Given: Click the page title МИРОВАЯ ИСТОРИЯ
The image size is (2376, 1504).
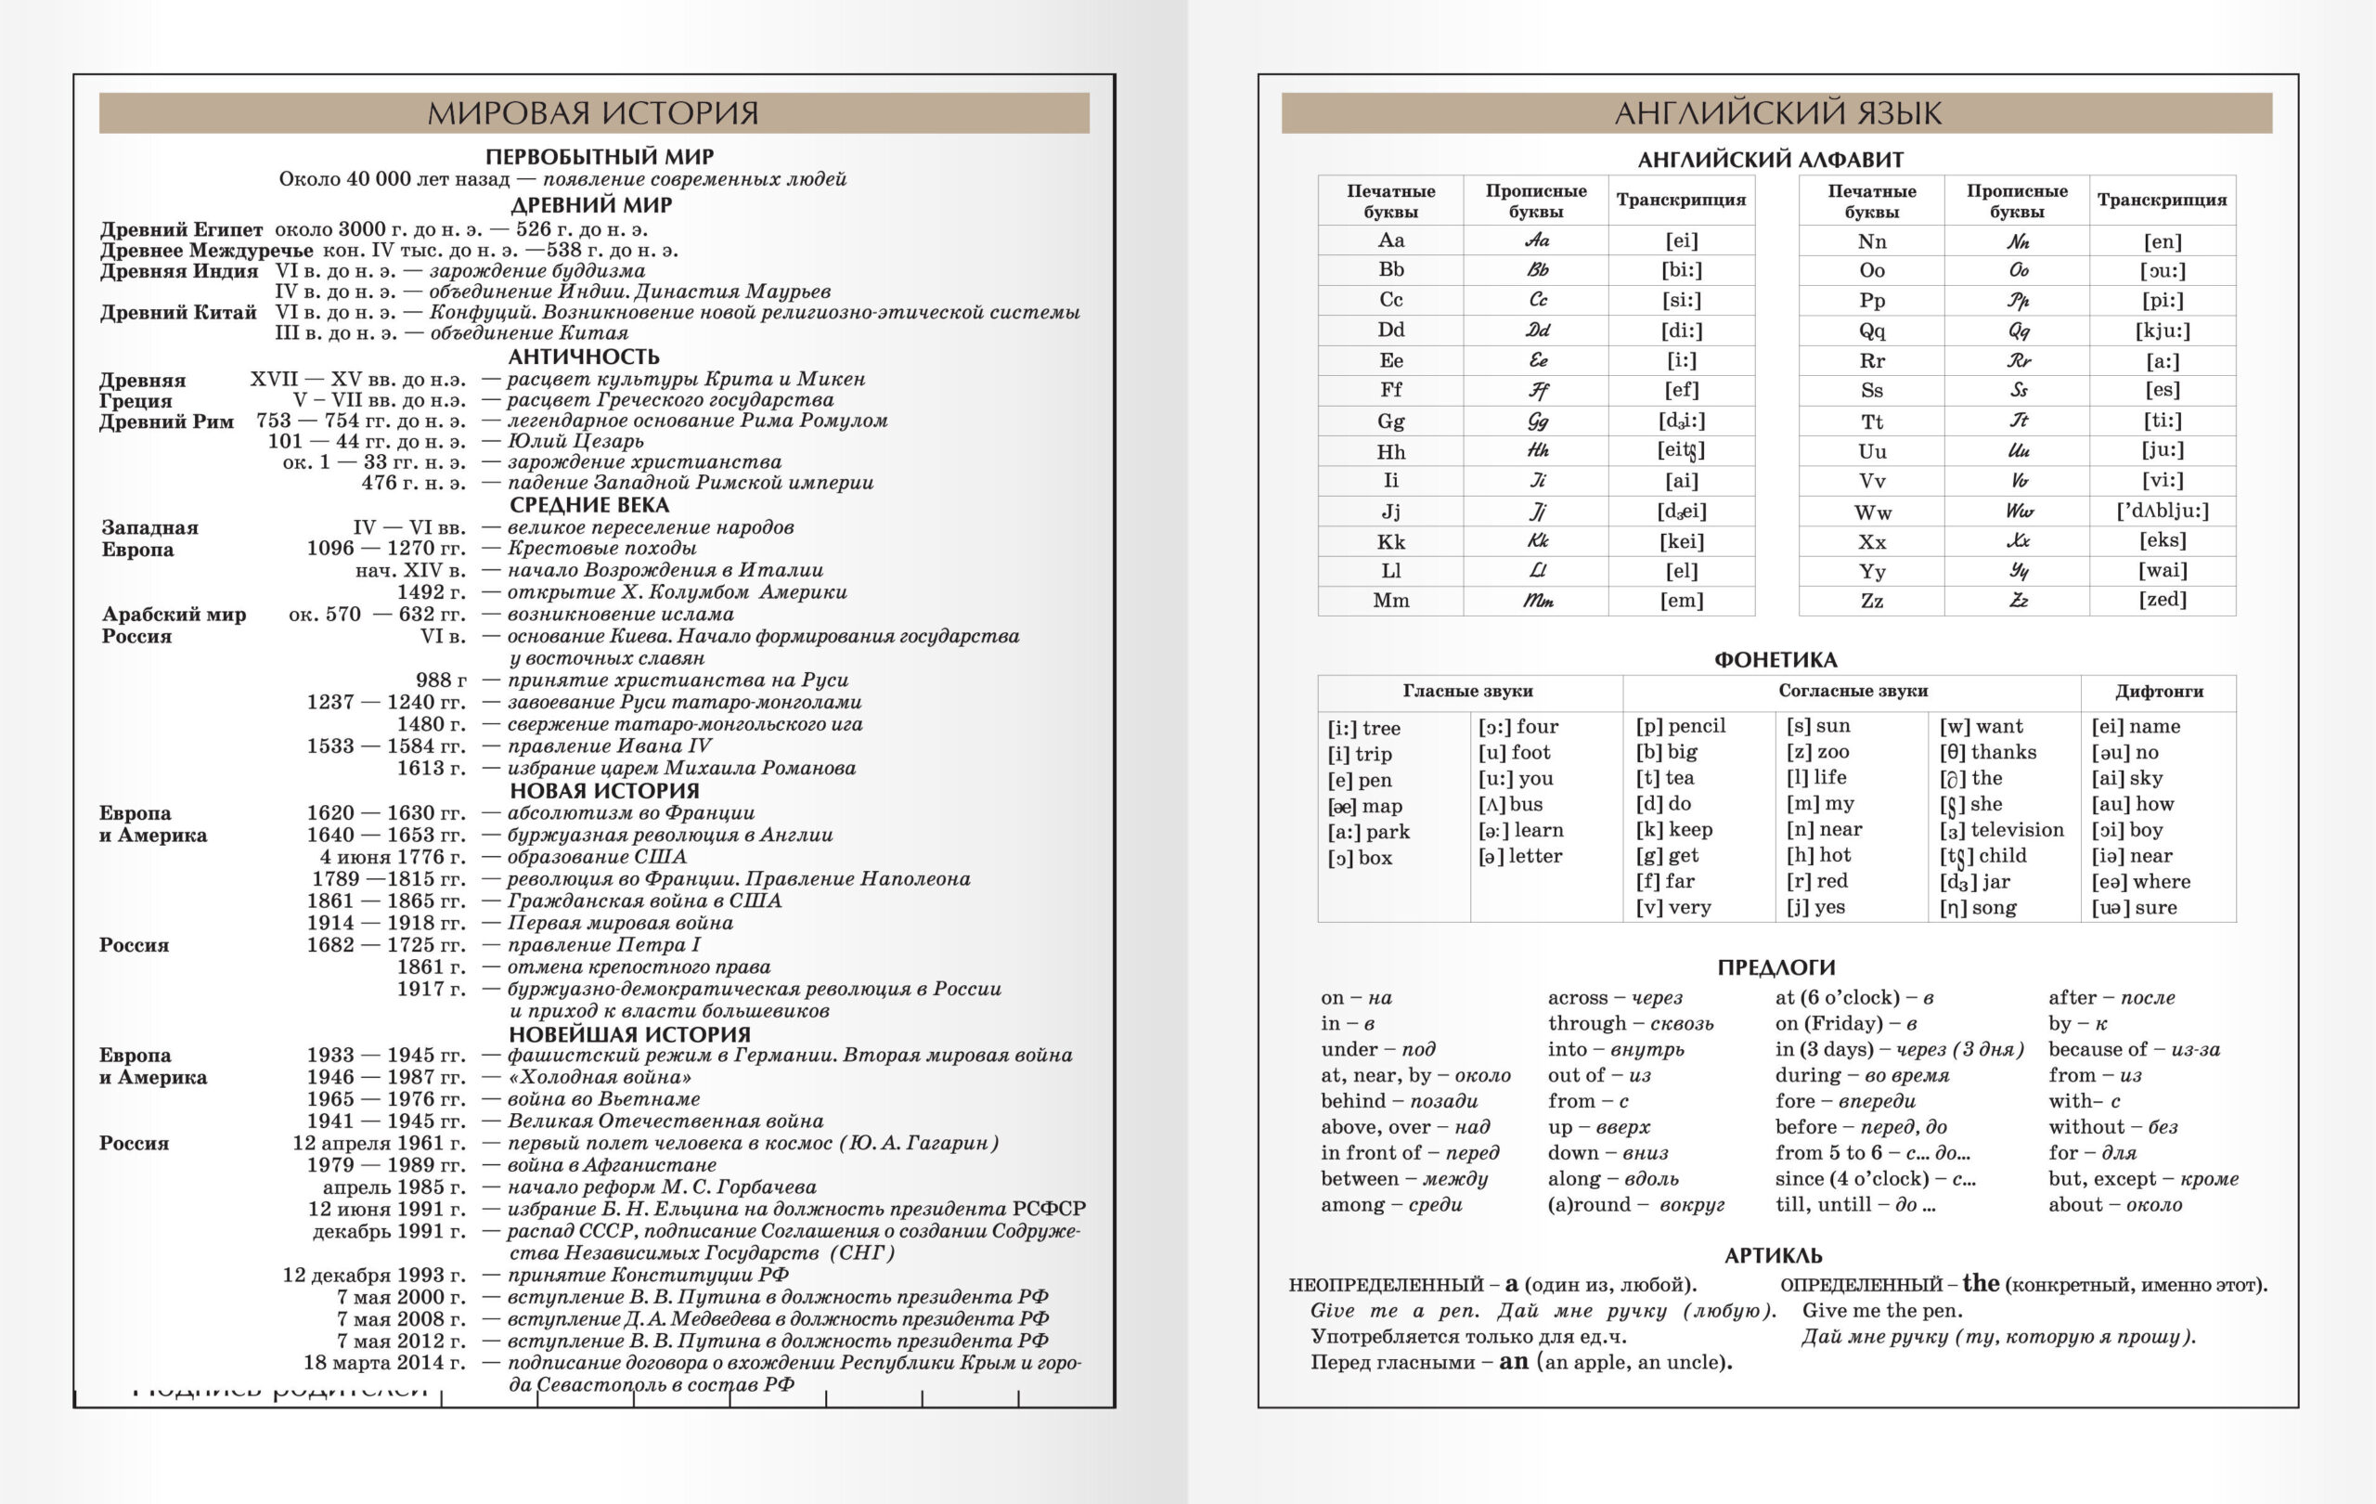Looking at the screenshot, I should (x=593, y=113).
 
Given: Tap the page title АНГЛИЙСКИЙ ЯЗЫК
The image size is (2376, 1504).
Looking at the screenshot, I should (x=1777, y=113).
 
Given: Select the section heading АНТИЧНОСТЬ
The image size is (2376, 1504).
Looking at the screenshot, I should (x=584, y=357).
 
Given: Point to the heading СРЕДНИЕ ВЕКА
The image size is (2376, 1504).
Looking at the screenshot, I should (x=589, y=504).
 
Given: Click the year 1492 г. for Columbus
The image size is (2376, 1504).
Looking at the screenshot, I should (x=432, y=592).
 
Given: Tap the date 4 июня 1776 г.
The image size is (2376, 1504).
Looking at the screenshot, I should (x=392, y=857).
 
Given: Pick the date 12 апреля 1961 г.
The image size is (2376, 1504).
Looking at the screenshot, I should (x=379, y=1143).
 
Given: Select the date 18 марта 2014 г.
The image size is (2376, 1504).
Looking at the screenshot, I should (x=384, y=1363).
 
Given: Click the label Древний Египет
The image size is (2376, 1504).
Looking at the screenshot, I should (x=182, y=230).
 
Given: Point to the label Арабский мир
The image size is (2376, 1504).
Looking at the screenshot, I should (x=174, y=614).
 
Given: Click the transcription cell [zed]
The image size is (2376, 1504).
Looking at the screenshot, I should (x=2162, y=599).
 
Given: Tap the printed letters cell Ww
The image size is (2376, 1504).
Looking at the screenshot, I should (x=1872, y=512).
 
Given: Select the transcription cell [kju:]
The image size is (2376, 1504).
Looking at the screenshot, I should (x=2162, y=331).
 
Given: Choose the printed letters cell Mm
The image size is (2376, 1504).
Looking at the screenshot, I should (x=1390, y=600).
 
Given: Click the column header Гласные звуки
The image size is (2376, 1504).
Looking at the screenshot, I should (x=1467, y=691).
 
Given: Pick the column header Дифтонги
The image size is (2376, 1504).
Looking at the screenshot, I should (x=2159, y=691).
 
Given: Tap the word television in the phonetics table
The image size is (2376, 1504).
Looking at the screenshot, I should (x=2017, y=830).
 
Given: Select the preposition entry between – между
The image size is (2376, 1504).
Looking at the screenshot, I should (x=1404, y=1178).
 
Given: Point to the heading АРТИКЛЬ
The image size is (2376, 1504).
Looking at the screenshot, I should (x=1773, y=1255).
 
